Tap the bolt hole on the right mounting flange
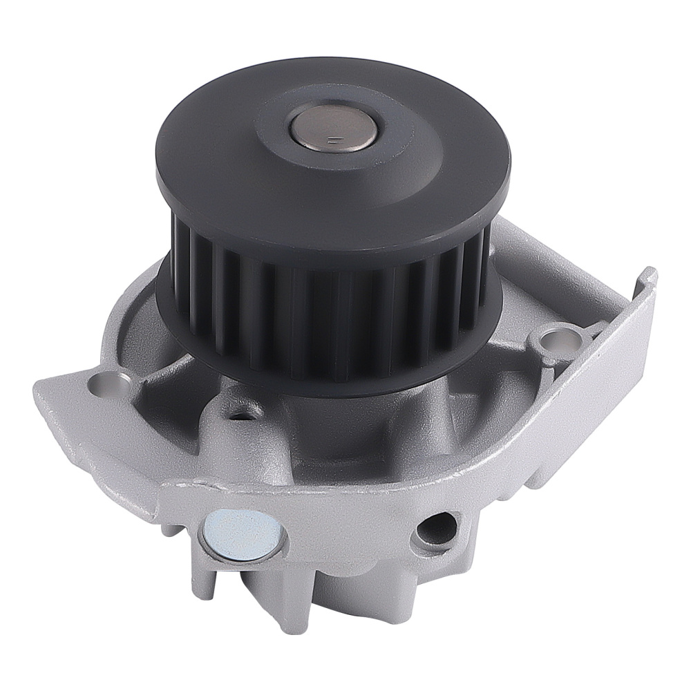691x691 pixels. click(556, 340)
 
